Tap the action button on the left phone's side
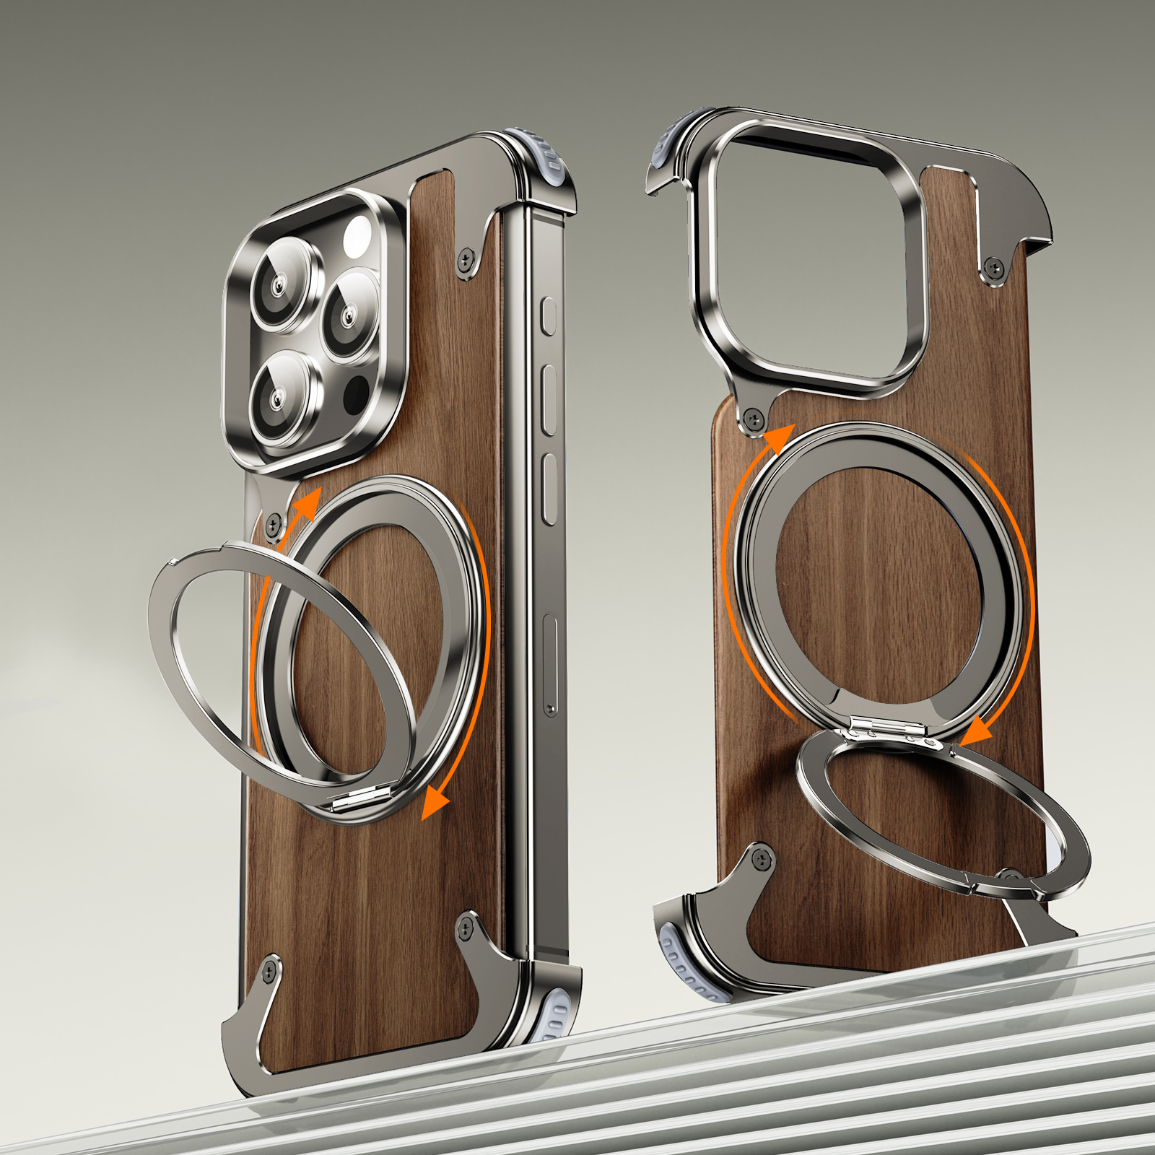(x=549, y=316)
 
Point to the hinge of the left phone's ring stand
(x=359, y=798)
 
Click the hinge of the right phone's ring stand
(x=886, y=729)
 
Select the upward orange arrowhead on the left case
(x=309, y=503)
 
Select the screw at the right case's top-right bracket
(x=995, y=269)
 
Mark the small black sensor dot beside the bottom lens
(x=355, y=395)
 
